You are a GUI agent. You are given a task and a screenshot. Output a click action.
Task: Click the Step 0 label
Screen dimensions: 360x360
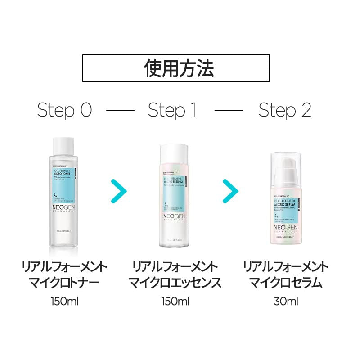pos(64,110)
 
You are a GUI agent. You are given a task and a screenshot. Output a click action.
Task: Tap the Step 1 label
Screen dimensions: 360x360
pos(172,110)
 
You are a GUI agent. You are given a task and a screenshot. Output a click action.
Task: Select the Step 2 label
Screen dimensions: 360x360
pos(285,110)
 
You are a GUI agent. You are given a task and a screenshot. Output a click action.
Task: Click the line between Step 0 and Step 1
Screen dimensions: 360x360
pos(120,111)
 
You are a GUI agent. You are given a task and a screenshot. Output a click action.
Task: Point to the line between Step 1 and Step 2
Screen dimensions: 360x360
pos(229,111)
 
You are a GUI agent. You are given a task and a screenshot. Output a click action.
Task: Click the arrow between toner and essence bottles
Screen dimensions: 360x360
pos(119,191)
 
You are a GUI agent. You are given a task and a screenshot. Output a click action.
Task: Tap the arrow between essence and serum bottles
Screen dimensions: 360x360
pos(230,191)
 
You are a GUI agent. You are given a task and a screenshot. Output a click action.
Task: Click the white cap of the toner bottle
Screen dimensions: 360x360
pos(63,145)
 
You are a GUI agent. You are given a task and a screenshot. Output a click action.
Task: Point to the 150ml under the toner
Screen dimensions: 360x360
pos(65,301)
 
